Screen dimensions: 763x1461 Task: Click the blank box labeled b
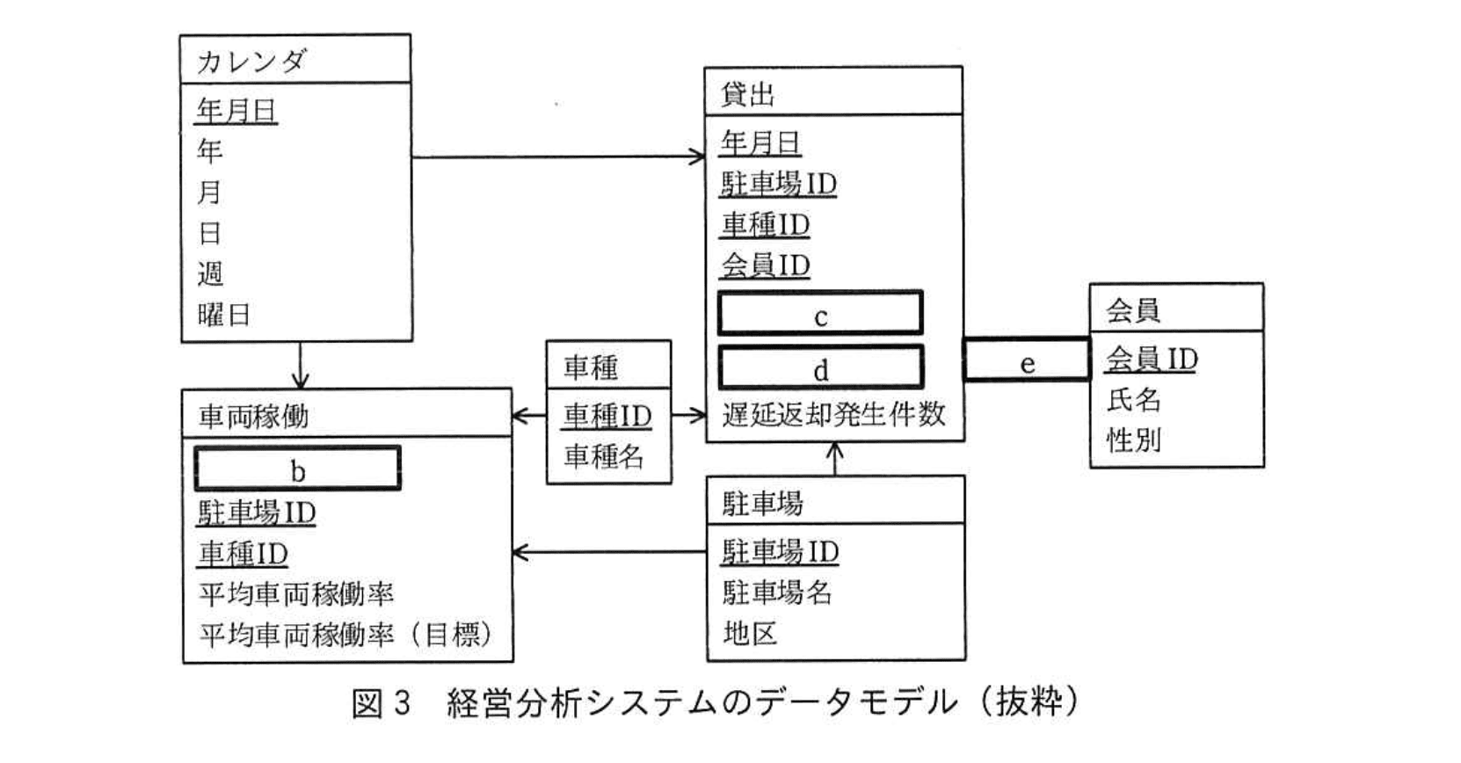coord(297,469)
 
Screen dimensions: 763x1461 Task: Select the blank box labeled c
coord(820,314)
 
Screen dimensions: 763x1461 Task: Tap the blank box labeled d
coord(820,367)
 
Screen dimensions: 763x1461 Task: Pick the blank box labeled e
coord(1026,360)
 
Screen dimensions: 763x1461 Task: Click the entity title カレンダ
coord(251,61)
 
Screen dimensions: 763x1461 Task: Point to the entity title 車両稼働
coord(254,416)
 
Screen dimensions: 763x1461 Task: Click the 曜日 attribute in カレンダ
coord(224,315)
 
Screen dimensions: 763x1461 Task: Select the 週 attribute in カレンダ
coord(210,274)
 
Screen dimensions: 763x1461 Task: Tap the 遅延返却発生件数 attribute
coord(833,414)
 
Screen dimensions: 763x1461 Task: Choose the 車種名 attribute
coord(604,456)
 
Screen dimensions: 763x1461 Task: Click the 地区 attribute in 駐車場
coord(749,633)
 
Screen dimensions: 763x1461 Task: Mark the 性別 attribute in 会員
coord(1133,440)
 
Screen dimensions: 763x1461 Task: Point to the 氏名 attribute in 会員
coord(1133,400)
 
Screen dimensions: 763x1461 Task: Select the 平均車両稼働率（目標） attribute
coord(345,634)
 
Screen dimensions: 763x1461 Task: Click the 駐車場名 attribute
coord(777,592)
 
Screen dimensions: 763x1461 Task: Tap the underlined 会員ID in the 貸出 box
coord(765,265)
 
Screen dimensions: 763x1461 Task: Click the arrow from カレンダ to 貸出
coord(557,157)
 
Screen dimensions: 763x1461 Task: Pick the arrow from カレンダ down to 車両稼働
coord(301,365)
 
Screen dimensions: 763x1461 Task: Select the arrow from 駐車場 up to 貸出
coord(835,459)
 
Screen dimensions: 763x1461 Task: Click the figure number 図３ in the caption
coord(381,703)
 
